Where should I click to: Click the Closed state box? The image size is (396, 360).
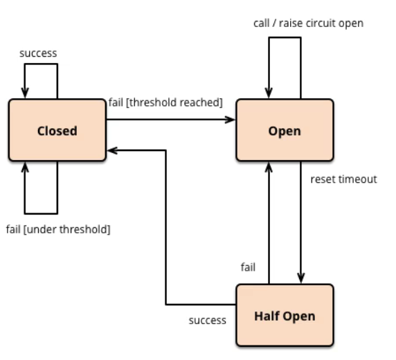coord(57,130)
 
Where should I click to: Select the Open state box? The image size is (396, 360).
coord(285,130)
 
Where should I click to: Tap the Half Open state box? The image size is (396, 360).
coord(285,315)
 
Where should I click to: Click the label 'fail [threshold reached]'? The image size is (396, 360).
coord(165,102)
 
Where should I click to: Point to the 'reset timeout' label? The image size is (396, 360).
coord(343,179)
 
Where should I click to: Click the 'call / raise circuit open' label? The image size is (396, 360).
coord(308,24)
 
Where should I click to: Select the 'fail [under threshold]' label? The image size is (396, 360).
coord(58,230)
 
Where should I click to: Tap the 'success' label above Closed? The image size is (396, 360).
coord(38,53)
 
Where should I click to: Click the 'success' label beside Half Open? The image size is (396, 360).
coord(207,321)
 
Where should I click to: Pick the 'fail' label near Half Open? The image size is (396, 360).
coord(248,267)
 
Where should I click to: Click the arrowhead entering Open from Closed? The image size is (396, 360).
coord(231,120)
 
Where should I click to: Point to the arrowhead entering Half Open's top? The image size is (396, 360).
coord(300,278)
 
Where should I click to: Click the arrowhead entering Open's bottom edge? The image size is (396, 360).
coord(269,168)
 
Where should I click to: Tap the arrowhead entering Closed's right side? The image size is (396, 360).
coord(112,150)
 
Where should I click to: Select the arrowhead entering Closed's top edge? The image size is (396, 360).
coord(25,93)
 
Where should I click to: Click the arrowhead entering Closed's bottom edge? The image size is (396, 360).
coord(25,168)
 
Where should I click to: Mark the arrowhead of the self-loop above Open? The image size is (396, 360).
coord(269,93)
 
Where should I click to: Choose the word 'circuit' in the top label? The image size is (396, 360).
coord(321,24)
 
